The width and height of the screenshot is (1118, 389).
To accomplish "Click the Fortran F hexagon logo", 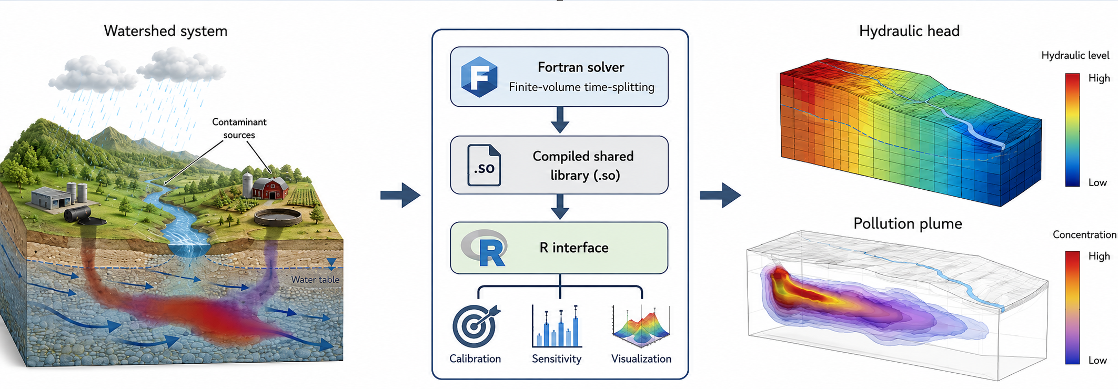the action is pyautogui.click(x=479, y=77).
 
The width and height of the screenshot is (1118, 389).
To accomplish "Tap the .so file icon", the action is pyautogui.click(x=484, y=165).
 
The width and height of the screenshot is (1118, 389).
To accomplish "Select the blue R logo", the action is pyautogui.click(x=485, y=248).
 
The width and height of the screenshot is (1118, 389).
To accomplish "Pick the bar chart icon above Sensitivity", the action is pyautogui.click(x=557, y=326).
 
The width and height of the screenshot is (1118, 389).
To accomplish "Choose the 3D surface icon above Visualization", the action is pyautogui.click(x=641, y=326).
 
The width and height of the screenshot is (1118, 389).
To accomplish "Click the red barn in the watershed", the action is pyautogui.click(x=270, y=188).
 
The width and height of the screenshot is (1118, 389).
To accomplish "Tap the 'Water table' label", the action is pyautogui.click(x=315, y=280).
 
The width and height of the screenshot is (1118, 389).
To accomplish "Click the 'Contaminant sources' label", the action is pyautogui.click(x=239, y=128).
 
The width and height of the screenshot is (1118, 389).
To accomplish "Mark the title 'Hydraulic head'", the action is pyautogui.click(x=909, y=31).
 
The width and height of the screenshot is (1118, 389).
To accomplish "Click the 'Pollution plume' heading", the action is pyautogui.click(x=908, y=223).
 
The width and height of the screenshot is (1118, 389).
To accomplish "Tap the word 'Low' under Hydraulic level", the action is pyautogui.click(x=1097, y=182).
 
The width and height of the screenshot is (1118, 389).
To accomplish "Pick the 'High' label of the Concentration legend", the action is pyautogui.click(x=1099, y=256).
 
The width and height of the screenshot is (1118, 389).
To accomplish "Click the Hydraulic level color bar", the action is pyautogui.click(x=1072, y=130).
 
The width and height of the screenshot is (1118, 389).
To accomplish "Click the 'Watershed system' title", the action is pyautogui.click(x=166, y=31).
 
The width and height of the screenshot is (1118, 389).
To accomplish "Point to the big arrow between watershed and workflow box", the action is pyautogui.click(x=400, y=196).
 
